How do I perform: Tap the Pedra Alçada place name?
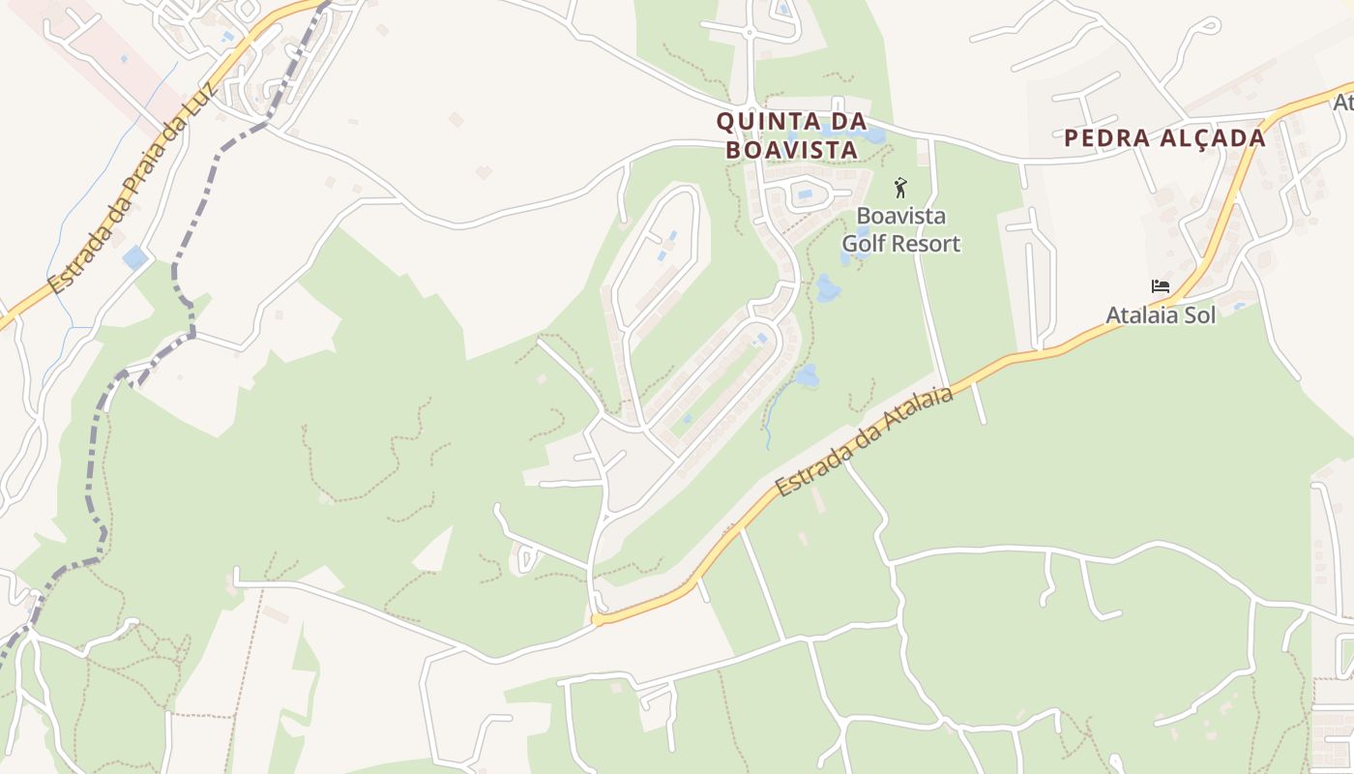(1164, 138)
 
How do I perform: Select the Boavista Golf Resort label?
(900, 229)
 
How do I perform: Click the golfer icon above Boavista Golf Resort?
(900, 187)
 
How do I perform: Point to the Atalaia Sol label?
(1161, 314)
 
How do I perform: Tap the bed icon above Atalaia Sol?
(1161, 286)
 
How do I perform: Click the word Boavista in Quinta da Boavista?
(791, 150)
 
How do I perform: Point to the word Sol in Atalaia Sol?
(1198, 314)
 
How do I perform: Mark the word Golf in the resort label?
(863, 244)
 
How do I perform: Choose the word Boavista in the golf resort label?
(900, 216)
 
